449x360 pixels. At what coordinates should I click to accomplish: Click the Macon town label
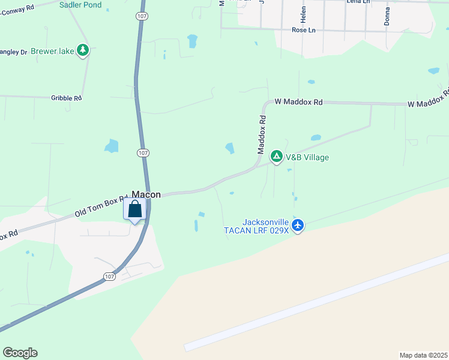pos(146,194)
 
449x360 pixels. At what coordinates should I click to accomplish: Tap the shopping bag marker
pos(135,209)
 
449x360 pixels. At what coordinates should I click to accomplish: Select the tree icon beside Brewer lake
pos(83,51)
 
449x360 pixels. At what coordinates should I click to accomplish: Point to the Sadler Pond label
pos(80,5)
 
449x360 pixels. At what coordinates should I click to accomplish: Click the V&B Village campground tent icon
pos(277,157)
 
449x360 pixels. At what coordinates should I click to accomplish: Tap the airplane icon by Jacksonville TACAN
pos(298,226)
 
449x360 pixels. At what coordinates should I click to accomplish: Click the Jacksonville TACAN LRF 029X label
pos(265,226)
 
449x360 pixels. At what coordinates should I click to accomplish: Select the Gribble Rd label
pos(66,98)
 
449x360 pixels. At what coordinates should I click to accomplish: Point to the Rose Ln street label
pos(303,30)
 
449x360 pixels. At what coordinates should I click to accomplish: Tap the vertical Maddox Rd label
pos(262,135)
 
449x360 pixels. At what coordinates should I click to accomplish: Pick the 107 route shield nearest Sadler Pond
pos(140,16)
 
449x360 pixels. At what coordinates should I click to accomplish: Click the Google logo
pos(20,353)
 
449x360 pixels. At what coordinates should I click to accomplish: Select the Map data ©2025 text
pos(423,355)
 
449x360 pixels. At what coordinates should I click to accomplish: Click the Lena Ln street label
pos(357,2)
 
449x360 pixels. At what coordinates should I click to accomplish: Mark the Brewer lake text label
pos(53,52)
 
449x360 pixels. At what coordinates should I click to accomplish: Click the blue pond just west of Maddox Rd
pos(229,148)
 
